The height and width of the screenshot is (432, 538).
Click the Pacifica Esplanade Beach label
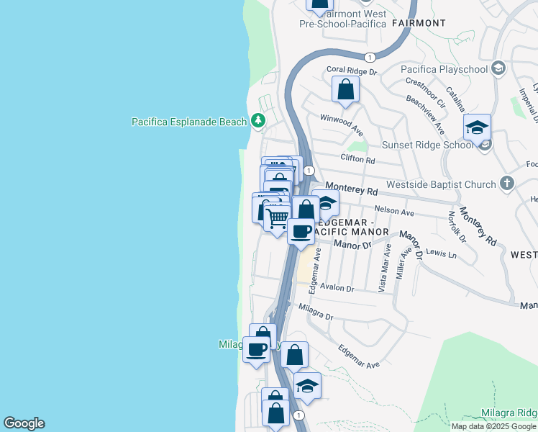[188, 122]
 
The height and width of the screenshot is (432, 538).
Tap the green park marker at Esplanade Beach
[258, 121]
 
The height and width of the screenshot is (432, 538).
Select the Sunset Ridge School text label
[426, 145]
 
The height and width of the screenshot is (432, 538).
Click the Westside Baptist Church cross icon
[506, 184]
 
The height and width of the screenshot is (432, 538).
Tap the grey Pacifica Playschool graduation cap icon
[497, 68]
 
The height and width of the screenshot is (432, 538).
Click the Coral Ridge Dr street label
[352, 71]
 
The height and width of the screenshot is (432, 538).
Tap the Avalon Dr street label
[338, 288]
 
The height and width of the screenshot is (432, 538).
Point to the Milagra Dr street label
[315, 312]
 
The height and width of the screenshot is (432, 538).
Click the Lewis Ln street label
[441, 254]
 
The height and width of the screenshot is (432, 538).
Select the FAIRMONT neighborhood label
[419, 23]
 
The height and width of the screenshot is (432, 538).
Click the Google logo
[24, 423]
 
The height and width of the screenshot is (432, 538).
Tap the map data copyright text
[494, 426]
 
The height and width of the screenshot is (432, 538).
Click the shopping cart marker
[278, 217]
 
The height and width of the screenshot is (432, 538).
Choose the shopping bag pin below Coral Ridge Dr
[346, 89]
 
